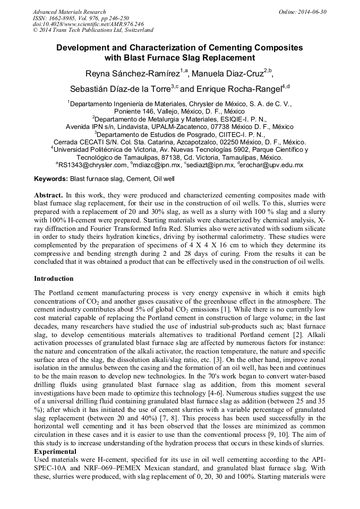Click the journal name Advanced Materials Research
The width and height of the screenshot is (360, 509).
69,12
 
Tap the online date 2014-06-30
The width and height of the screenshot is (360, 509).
314,12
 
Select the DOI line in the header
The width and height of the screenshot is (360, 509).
88,24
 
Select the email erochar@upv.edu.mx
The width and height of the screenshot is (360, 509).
272,165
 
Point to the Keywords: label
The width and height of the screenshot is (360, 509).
51,179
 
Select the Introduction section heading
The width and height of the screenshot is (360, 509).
54,279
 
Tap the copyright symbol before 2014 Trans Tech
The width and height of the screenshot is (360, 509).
35,30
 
